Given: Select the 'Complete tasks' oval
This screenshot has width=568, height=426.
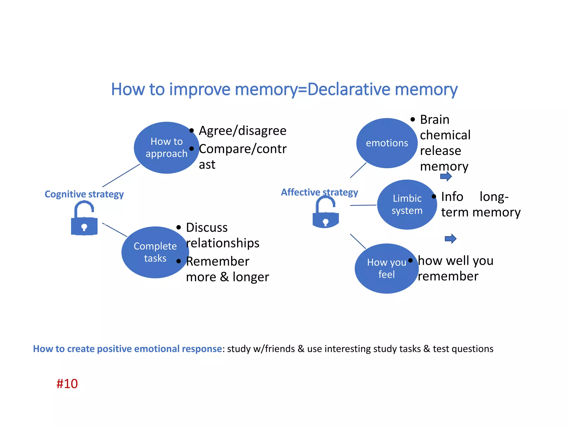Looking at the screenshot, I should tap(155, 252).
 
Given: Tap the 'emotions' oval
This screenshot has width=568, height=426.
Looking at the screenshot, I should tap(387, 143).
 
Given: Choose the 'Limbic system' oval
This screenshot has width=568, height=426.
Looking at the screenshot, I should tap(407, 205).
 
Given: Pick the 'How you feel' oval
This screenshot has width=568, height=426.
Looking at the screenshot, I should tap(386, 268).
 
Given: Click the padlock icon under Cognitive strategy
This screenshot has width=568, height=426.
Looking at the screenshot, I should tap(84, 219).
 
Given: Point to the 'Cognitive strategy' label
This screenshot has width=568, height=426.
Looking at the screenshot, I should tap(84, 194).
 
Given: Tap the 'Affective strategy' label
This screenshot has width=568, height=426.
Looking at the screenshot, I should tap(319, 192).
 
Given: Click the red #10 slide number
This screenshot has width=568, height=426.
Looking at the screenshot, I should tap(67, 384).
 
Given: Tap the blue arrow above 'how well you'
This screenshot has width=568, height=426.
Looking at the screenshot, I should tap(450, 239).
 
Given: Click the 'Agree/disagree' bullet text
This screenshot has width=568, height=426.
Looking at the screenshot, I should tap(242, 131).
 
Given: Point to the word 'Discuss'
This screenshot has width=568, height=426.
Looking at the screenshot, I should tap(207, 228).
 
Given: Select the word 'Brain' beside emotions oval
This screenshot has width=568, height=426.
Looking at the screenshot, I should tap(435, 120).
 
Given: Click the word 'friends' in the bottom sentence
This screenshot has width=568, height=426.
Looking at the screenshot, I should tap(280, 349).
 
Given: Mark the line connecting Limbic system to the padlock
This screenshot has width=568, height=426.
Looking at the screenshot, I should tap(363, 205).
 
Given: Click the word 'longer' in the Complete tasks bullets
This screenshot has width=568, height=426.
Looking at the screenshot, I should tap(251, 277).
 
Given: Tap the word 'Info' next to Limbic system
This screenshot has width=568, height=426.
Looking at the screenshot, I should tap(452, 197).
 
